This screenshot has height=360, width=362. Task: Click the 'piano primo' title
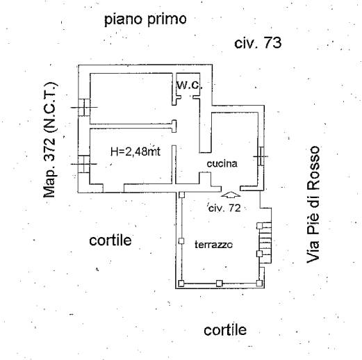tap(145, 19)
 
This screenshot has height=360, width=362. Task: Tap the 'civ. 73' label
tap(258, 43)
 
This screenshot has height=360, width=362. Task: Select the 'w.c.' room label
tap(190, 85)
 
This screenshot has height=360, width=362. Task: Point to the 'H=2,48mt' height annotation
tap(135, 152)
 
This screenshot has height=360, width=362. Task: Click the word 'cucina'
tap(222, 163)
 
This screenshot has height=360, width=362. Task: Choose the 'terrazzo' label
tap(213, 245)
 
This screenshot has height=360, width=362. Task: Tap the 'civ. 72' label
tap(224, 208)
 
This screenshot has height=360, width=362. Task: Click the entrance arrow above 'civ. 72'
tap(231, 195)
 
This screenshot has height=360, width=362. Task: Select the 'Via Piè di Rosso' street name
tap(313, 204)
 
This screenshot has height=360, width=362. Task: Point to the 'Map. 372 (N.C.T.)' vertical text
tap(50, 140)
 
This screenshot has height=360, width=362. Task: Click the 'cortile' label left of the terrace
tap(110, 240)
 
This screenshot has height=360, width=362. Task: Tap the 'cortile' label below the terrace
tap(225, 330)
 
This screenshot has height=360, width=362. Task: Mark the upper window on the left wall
tap(84, 108)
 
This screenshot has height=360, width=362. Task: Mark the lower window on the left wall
tap(83, 164)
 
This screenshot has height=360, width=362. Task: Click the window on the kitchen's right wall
tap(261, 156)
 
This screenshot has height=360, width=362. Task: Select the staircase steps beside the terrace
tap(265, 243)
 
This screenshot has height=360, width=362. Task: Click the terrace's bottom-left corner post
tap(181, 284)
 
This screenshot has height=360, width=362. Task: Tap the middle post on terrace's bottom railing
tap(219, 283)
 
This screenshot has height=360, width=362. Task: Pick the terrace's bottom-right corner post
tap(259, 283)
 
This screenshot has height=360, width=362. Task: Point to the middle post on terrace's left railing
tap(181, 241)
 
